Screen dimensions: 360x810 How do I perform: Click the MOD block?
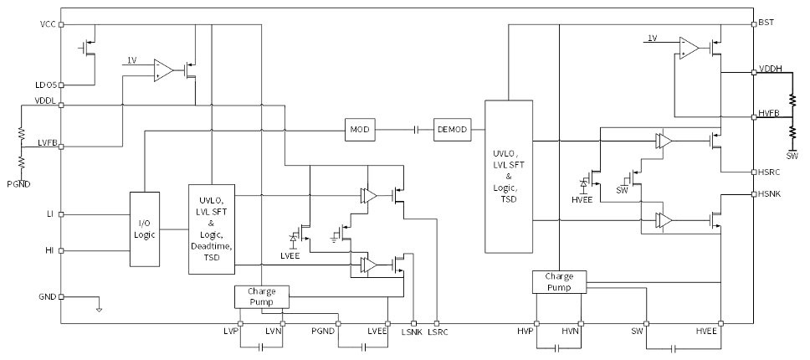360,130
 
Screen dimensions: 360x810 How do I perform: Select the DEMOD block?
452,130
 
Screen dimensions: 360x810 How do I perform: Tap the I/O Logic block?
144,229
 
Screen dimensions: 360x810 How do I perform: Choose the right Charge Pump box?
558,282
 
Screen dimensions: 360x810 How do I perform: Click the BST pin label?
766,23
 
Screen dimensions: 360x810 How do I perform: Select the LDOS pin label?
45,85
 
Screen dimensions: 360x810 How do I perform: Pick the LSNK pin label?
412,333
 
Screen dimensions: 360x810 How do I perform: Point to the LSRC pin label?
438,333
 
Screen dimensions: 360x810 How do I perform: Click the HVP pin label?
526,333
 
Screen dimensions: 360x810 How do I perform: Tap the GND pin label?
48,297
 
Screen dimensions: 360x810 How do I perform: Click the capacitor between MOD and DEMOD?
416,130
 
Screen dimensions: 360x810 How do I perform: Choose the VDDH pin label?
770,69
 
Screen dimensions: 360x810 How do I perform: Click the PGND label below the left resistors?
19,183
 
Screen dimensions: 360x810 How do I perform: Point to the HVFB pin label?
770,113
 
